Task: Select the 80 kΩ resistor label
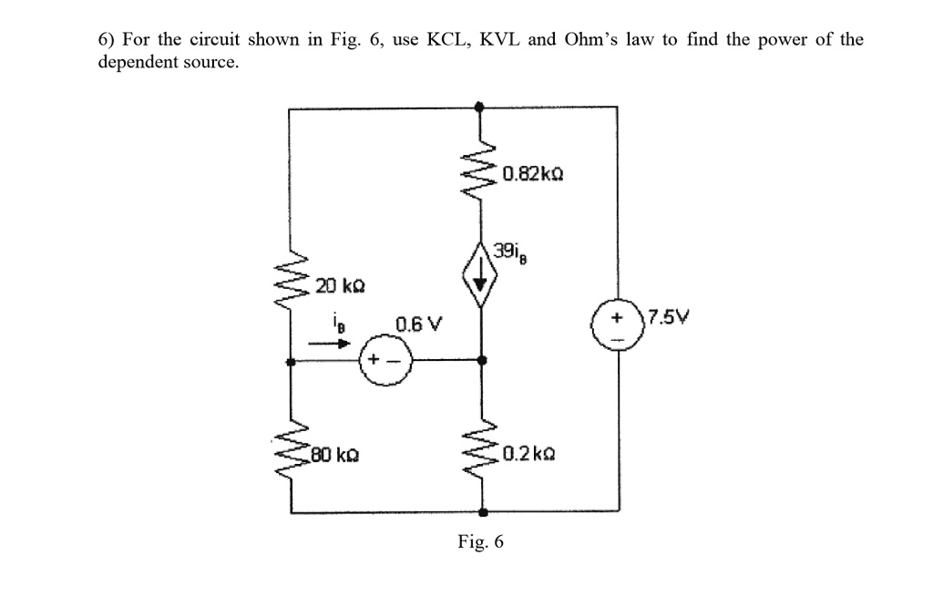coord(334,452)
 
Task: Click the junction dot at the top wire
coord(481,108)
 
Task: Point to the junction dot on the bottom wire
coord(481,513)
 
